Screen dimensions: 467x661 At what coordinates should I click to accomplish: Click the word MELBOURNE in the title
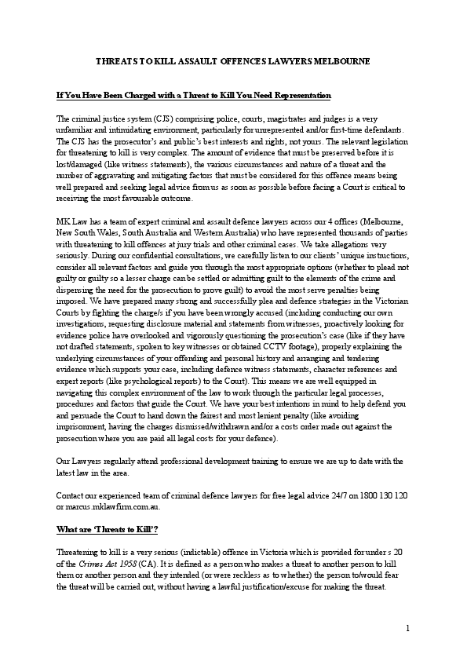(x=343, y=60)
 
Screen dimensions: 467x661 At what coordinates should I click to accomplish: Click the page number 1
(x=408, y=629)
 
